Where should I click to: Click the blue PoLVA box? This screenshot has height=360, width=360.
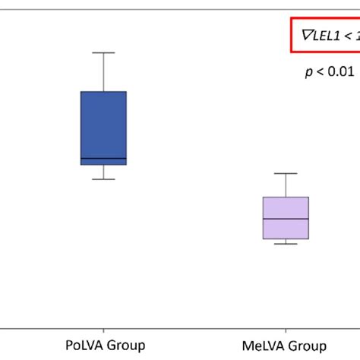click(103, 125)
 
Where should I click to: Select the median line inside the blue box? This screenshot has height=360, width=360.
click(103, 159)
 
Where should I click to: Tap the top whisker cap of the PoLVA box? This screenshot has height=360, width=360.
click(103, 52)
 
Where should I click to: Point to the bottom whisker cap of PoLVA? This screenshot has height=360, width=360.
click(103, 179)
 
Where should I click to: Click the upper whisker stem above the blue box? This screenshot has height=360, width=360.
click(103, 72)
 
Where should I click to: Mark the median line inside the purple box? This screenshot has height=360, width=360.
click(286, 219)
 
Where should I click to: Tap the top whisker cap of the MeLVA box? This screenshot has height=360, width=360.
click(286, 173)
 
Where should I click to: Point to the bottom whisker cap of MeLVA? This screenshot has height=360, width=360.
click(286, 244)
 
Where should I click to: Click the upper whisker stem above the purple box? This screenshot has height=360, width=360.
click(286, 185)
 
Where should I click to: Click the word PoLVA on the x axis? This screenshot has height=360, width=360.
click(83, 346)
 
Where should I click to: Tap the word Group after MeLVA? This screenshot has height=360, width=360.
click(308, 346)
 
